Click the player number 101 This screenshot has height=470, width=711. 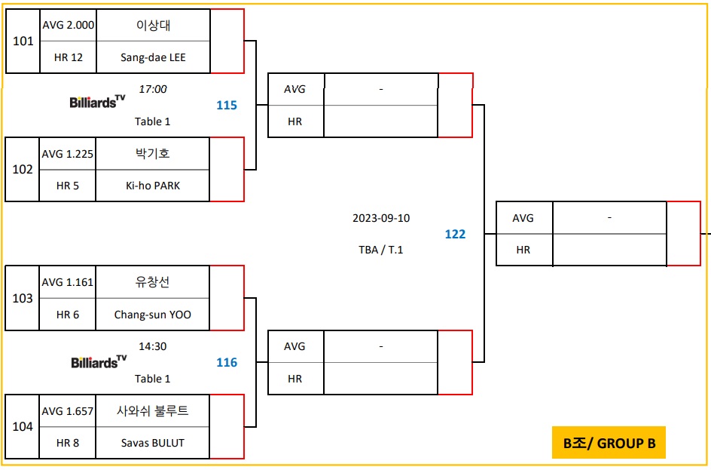tap(23, 41)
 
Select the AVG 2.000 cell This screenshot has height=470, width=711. tap(68, 25)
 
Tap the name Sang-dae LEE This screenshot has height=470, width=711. tap(153, 57)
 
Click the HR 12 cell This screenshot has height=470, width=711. tap(68, 57)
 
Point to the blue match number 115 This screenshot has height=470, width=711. tap(227, 105)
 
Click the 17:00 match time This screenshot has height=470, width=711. tap(153, 89)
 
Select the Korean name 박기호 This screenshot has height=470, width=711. tap(153, 153)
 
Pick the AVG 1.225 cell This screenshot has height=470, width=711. tap(68, 154)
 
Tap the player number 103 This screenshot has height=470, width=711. tap(23, 298)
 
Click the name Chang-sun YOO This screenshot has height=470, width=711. tap(153, 315)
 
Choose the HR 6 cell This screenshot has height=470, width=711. tap(68, 315)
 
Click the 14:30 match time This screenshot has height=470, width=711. tap(153, 346)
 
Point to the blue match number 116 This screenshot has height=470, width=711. tap(227, 362)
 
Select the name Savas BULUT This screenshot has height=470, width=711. tap(153, 443)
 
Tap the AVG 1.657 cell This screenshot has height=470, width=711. tap(68, 411)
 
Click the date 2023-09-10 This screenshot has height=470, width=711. tap(381, 218)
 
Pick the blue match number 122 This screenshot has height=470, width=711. tap(455, 234)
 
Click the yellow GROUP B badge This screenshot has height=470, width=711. tap(609, 443)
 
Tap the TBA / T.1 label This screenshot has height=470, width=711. tap(381, 250)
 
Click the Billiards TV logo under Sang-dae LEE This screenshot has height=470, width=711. tap(97, 101)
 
